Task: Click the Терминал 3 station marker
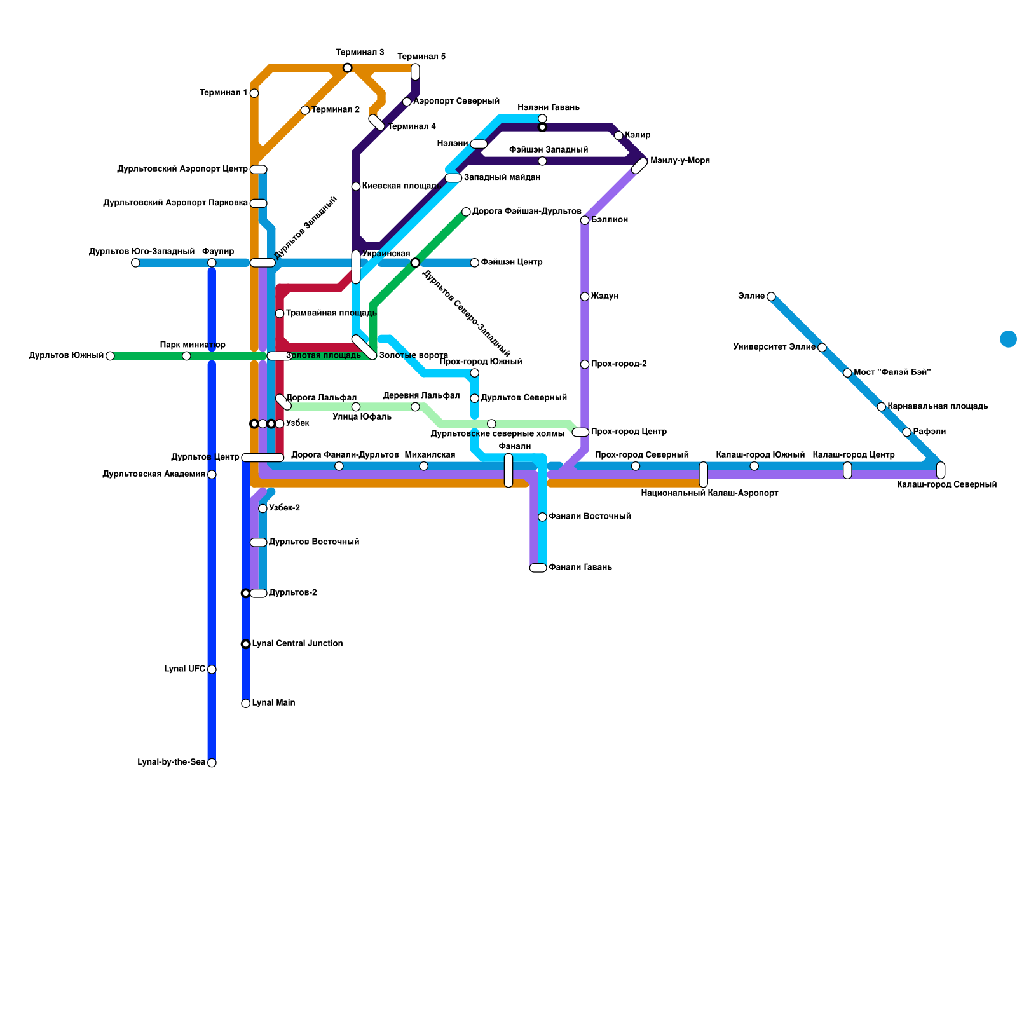pos(347,68)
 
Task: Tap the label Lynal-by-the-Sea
pos(171,763)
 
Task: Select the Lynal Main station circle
pos(246,703)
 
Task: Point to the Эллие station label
pos(751,296)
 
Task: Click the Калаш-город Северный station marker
pos(941,470)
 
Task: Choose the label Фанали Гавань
pos(580,568)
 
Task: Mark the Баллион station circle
pos(585,221)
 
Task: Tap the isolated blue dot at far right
pos(1008,339)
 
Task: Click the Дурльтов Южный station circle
pos(110,356)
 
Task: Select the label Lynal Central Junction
pos(297,644)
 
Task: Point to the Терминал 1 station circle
pos(254,93)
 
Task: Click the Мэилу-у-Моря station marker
pos(639,165)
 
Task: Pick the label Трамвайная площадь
pos(331,313)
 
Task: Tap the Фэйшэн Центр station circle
pos(475,263)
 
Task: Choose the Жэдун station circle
pos(585,297)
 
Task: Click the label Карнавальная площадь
pos(938,406)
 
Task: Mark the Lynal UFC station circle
pos(212,669)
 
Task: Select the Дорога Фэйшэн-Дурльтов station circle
pos(466,212)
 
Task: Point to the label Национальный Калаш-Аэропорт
pos(709,493)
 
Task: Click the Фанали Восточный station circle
pos(542,517)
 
